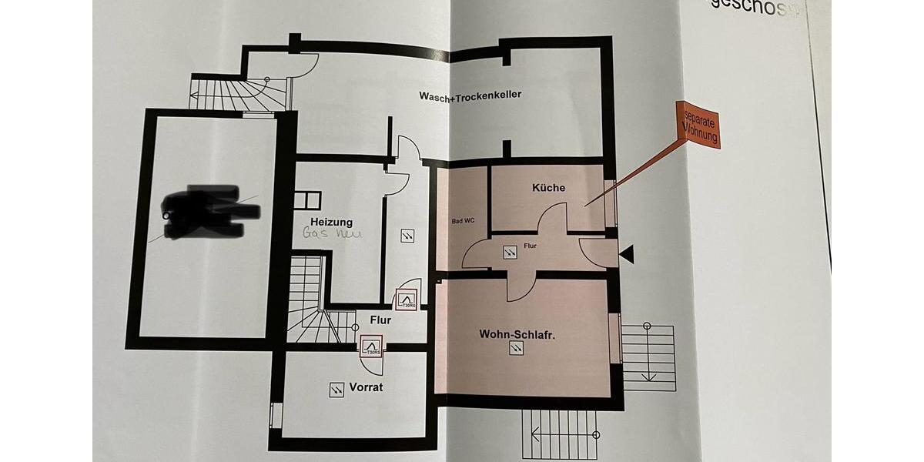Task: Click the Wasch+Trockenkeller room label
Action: [470, 95]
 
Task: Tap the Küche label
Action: [548, 187]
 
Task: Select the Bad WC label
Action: [463, 221]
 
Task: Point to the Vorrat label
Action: [366, 387]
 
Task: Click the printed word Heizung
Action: [331, 222]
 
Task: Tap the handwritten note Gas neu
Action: [331, 233]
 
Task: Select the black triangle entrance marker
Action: [628, 253]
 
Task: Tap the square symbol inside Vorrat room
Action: [336, 390]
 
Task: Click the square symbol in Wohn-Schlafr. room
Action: [514, 350]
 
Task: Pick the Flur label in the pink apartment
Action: [531, 246]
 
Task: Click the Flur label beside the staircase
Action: [380, 320]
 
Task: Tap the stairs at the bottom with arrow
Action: [560, 435]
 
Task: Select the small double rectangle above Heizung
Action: [306, 198]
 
